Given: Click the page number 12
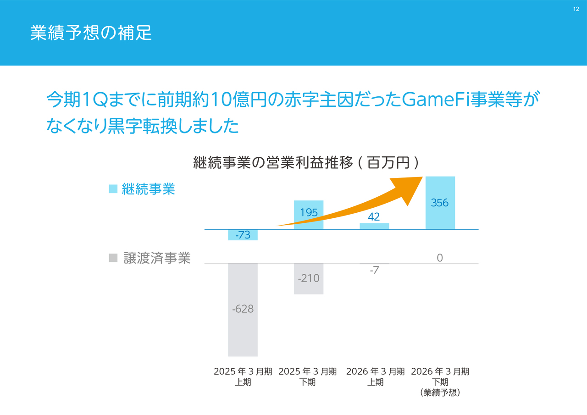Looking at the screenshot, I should pyautogui.click(x=576, y=9).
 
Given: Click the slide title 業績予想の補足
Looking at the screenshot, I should pyautogui.click(x=91, y=33).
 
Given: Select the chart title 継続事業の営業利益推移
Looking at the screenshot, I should pyautogui.click(x=273, y=162).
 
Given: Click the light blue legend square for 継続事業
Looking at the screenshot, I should pyautogui.click(x=113, y=189).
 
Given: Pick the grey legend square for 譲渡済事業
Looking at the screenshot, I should pyautogui.click(x=113, y=258).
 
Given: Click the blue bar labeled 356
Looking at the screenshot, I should pyautogui.click(x=440, y=216).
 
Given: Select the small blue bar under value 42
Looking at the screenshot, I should pyautogui.click(x=374, y=226).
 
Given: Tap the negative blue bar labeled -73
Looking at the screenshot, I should pyautogui.click(x=243, y=235).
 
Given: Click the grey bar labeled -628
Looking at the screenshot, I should pyautogui.click(x=243, y=321).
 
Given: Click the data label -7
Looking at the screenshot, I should pyautogui.click(x=374, y=271).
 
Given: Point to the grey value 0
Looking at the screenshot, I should pyautogui.click(x=440, y=258).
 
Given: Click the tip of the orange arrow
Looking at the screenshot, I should pyautogui.click(x=421, y=178).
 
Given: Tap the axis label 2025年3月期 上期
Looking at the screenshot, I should pyautogui.click(x=243, y=376).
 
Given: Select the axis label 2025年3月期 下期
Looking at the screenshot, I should pyautogui.click(x=308, y=376).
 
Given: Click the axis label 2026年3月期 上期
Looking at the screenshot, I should pyautogui.click(x=375, y=376).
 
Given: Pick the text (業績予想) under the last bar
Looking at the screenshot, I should pyautogui.click(x=440, y=393).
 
